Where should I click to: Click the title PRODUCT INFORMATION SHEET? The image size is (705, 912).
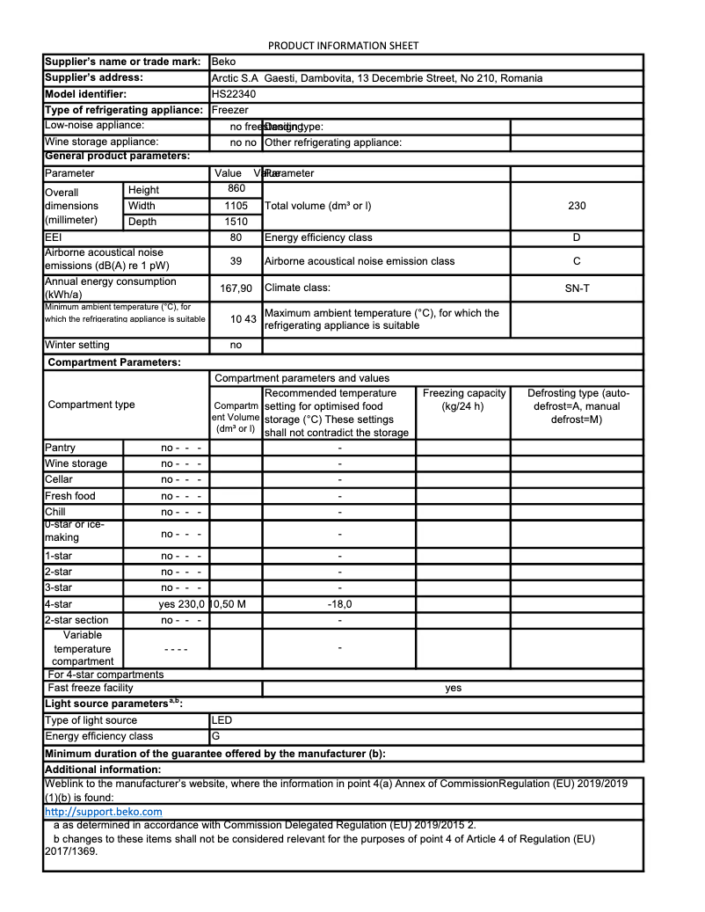[343, 46]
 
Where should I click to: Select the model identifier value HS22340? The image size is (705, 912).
[231, 94]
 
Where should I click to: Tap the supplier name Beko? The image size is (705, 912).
[223, 62]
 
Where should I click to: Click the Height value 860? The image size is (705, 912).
[236, 189]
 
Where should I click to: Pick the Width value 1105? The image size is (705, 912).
[236, 206]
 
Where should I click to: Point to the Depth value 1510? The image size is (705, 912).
[236, 222]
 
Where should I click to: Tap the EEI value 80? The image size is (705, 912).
[236, 237]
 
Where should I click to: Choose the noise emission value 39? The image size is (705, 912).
[236, 261]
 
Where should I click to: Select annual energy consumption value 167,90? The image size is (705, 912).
[236, 288]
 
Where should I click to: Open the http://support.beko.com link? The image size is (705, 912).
[103, 812]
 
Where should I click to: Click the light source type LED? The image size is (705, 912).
[222, 720]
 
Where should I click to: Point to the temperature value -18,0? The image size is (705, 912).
[339, 604]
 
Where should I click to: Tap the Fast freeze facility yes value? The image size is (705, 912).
[453, 688]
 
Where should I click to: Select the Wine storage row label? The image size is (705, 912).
[76, 463]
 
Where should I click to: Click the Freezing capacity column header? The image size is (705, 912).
[463, 400]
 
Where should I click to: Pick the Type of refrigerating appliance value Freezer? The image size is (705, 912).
[230, 110]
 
